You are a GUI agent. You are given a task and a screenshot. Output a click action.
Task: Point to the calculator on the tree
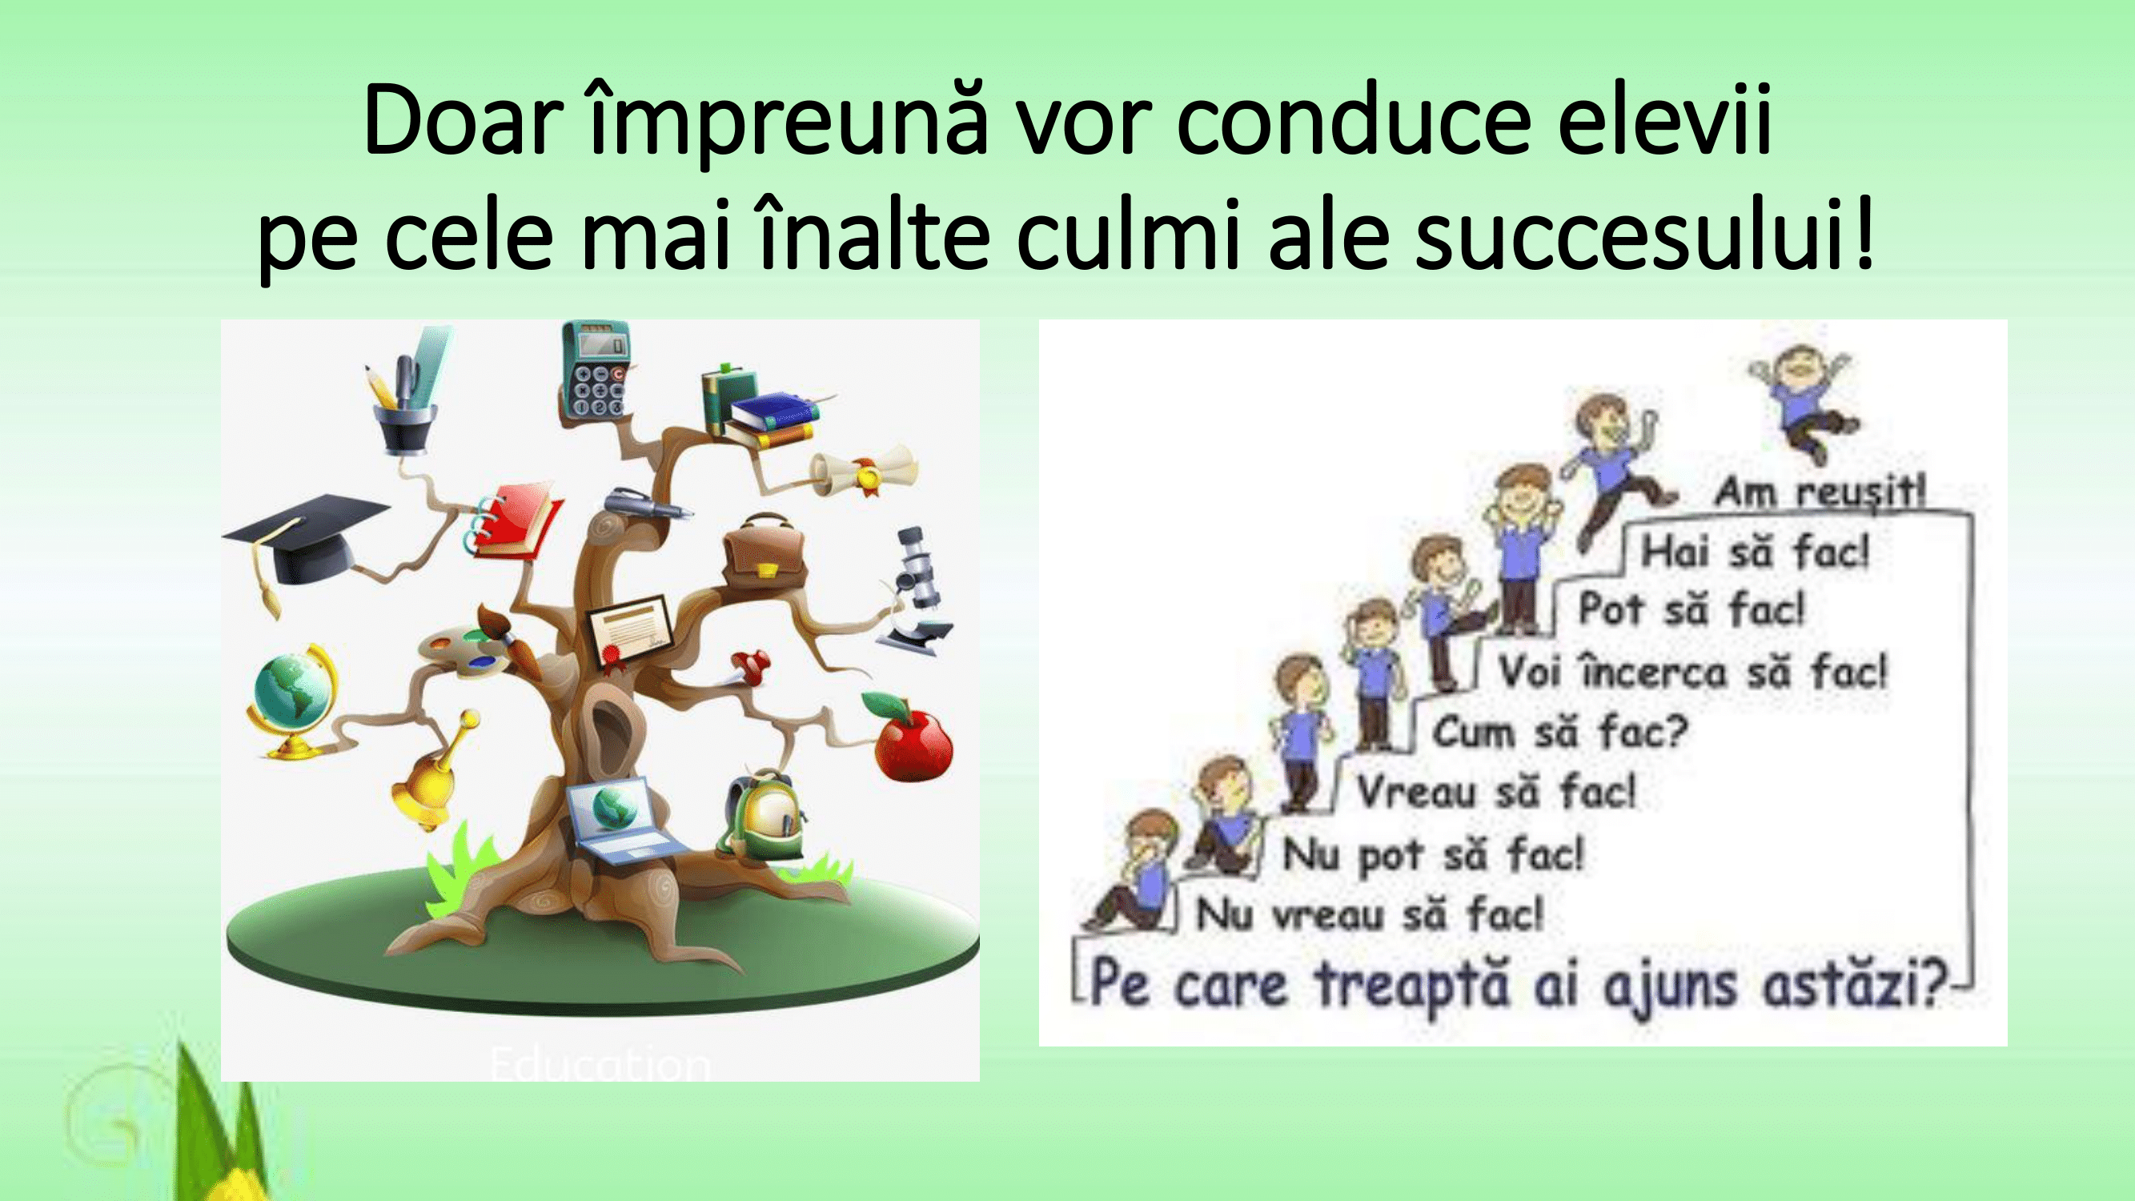tap(594, 371)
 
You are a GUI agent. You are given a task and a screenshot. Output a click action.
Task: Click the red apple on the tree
tap(912, 737)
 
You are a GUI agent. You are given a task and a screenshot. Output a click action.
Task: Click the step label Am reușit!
tap(1820, 492)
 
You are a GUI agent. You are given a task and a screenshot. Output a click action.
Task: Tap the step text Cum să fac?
tap(1559, 733)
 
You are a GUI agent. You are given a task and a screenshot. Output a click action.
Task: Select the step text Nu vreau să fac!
tap(1370, 916)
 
